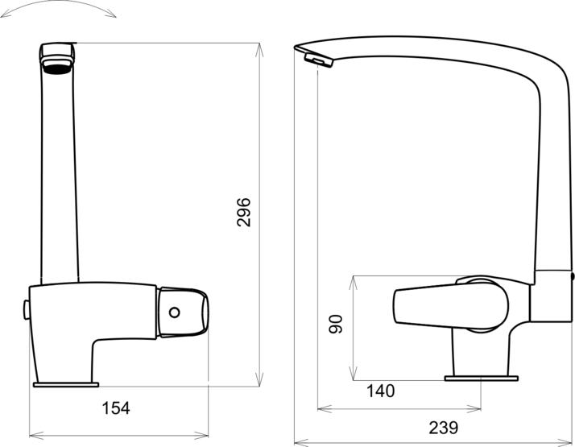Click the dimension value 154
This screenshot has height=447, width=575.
point(116,408)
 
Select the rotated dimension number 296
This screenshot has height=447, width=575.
point(244,212)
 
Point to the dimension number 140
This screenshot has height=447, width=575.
point(380,391)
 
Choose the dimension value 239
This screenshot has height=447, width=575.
point(443,427)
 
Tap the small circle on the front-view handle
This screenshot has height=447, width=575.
point(175,312)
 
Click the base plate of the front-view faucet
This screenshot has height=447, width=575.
point(65,384)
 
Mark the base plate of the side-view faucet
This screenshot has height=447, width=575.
point(482,376)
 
